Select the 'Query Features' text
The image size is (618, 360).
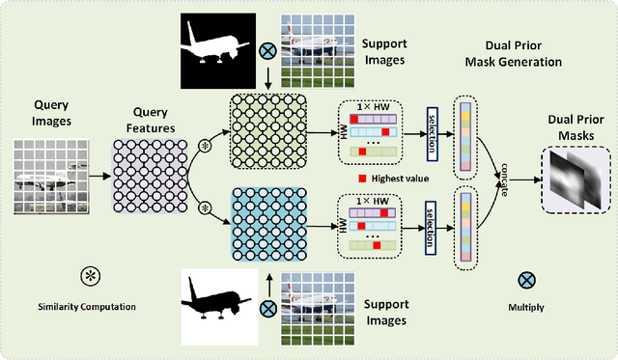point(149,114)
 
